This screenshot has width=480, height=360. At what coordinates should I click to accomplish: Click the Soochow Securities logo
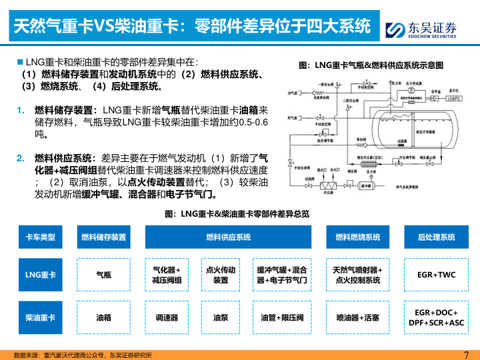click(x=421, y=29)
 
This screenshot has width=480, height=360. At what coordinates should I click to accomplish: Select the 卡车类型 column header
click(x=40, y=237)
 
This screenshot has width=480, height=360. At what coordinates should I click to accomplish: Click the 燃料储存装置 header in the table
click(x=103, y=237)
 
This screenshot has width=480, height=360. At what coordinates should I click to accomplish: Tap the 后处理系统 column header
click(x=437, y=237)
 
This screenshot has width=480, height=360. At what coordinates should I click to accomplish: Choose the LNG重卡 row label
click(x=40, y=275)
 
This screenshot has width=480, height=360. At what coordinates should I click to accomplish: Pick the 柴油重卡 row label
click(x=40, y=317)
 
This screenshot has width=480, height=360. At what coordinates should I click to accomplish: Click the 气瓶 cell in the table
click(x=103, y=275)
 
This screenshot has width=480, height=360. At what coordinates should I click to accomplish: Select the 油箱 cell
click(x=103, y=318)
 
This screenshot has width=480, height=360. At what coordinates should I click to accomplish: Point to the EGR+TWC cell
click(x=437, y=275)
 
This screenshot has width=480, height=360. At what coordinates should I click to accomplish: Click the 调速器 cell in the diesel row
click(x=167, y=318)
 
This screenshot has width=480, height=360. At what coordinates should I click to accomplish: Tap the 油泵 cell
click(x=221, y=318)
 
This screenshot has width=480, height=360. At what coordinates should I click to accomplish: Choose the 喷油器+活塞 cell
click(x=357, y=318)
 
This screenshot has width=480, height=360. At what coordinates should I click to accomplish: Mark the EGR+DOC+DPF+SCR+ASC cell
click(x=437, y=318)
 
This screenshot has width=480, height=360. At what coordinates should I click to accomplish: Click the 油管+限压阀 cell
click(x=282, y=318)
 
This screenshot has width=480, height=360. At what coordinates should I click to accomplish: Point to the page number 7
click(x=466, y=354)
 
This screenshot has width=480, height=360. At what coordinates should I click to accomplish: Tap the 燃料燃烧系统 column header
click(x=357, y=237)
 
